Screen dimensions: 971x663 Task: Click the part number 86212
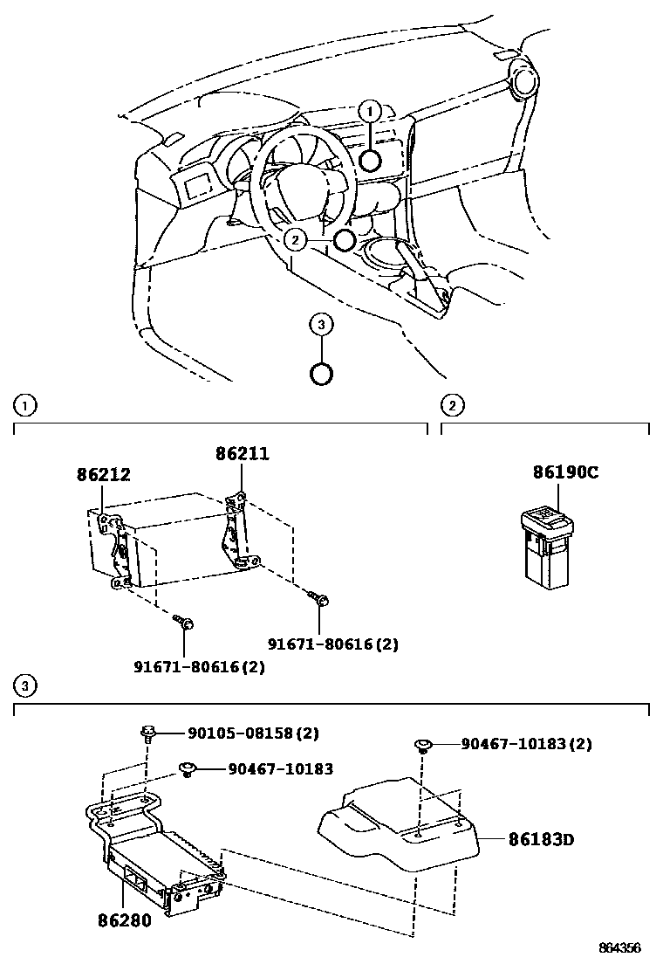tap(103, 475)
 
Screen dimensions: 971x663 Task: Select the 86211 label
tap(243, 454)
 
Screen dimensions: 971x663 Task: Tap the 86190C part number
tap(565, 473)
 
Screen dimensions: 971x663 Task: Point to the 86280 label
tap(123, 919)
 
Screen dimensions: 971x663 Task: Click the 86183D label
tap(541, 840)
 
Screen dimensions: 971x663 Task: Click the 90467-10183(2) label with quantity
tap(526, 744)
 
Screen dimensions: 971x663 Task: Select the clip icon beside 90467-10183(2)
tap(422, 745)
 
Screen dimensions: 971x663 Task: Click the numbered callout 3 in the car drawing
tap(322, 325)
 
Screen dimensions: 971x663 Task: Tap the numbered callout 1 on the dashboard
tap(370, 111)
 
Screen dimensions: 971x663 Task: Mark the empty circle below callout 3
tap(322, 373)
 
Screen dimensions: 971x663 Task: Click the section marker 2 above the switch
tap(453, 405)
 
